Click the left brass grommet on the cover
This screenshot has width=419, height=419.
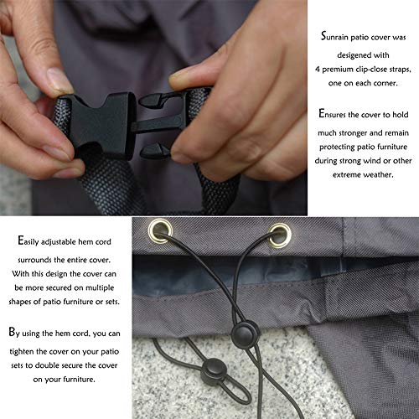tap(157, 227)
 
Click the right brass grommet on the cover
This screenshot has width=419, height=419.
tap(277, 229)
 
